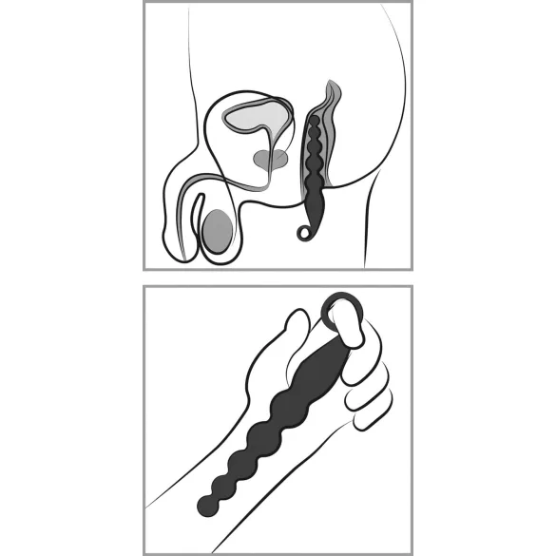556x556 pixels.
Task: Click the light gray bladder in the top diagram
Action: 256,118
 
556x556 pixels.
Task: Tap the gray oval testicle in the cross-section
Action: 219,231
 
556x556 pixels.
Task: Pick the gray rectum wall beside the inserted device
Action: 333,143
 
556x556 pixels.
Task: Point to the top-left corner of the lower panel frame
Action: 144,286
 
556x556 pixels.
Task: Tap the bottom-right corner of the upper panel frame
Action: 412,269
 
